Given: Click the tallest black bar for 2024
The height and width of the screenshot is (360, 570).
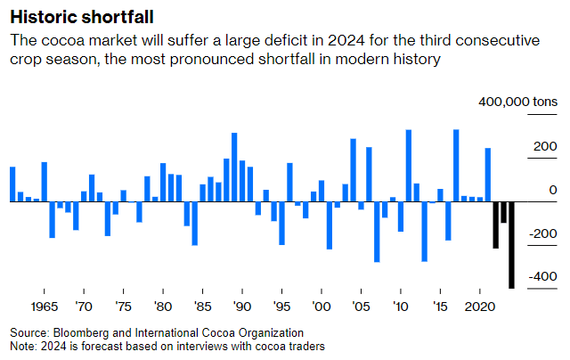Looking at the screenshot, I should [511, 244].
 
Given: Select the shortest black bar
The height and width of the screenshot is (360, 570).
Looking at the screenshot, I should [503, 212].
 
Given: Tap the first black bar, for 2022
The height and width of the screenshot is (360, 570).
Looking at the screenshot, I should [496, 225].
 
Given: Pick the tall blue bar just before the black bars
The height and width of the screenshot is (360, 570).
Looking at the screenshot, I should [488, 175].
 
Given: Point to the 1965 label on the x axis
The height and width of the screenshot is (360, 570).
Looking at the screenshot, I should [45, 306].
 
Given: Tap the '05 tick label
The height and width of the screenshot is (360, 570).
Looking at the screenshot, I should [360, 306].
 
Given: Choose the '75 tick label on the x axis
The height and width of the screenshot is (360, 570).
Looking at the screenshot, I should [123, 306].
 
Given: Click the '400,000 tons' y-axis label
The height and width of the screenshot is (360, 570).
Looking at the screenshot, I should [517, 103].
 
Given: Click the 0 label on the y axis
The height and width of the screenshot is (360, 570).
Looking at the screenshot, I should [553, 190].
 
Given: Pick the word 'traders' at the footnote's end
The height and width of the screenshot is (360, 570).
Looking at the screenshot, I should [305, 346].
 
